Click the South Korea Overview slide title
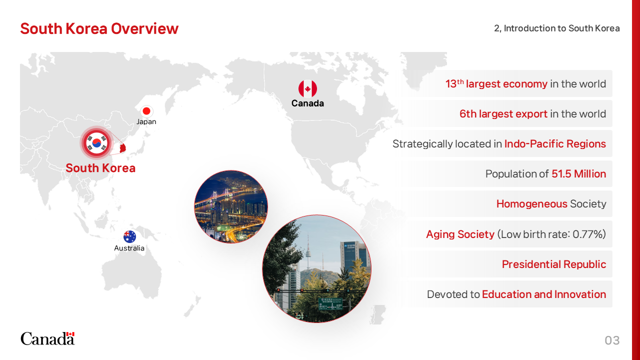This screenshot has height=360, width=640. pos(99,28)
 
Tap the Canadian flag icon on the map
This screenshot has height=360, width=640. pos(307,88)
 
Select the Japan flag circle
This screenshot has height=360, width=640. pos(146,111)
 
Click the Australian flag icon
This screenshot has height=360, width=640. pos(129,237)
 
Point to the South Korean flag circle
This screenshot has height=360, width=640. pos(97,143)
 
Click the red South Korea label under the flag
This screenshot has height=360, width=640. pos(100,168)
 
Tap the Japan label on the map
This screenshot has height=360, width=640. pos(146,121)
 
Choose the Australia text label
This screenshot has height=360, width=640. pos(129,248)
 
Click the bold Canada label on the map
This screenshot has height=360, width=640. pos(307,103)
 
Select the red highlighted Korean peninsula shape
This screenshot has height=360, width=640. pos(123,148)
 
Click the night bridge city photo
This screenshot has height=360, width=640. pos(231,207)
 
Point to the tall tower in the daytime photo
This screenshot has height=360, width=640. pos(308,251)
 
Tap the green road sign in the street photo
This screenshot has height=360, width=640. pos(330,303)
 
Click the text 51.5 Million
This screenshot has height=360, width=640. pos(579,173)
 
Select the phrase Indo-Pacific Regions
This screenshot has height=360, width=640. pos(555,143)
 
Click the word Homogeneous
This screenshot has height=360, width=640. pos(531,204)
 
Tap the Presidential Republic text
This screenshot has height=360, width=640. pos(554,264)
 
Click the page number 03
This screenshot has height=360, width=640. pos(612,340)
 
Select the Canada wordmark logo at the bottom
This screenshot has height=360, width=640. pos(47,338)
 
